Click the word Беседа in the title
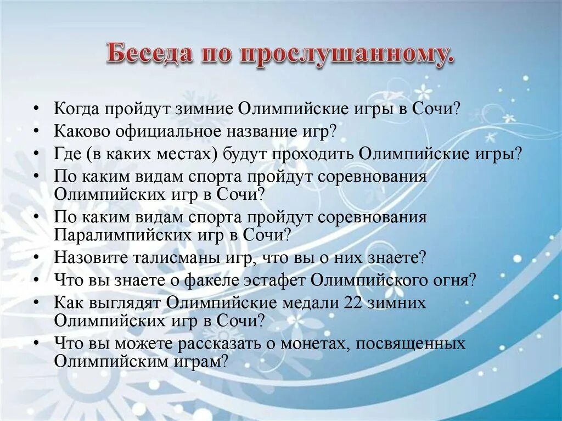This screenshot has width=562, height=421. point(143,55)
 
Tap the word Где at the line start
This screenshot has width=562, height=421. point(67,154)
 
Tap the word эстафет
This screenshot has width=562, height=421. point(275,280)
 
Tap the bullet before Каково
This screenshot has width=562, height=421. point(36,132)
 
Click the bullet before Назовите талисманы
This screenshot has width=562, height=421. point(36,257)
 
